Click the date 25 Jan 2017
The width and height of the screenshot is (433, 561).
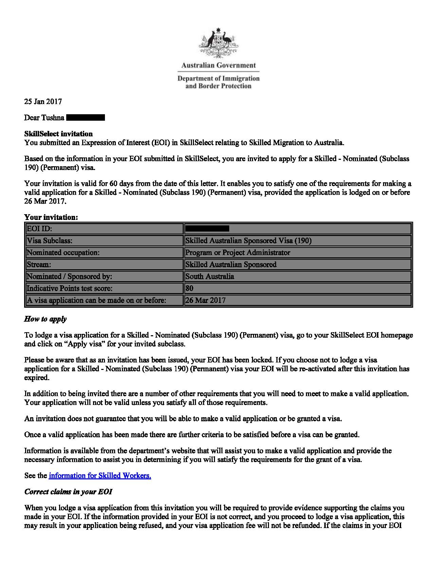coord(43,101)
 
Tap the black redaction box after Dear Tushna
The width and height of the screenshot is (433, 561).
coord(86,118)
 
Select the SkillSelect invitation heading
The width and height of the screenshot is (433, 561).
coord(58,134)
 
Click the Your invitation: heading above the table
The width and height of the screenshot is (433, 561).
coord(51,217)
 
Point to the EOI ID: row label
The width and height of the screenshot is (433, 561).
coord(39,228)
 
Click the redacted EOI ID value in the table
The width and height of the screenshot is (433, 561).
coord(207,228)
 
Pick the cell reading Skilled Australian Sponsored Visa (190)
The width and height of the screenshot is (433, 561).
coord(249,241)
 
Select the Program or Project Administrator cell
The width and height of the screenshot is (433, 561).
coord(238,253)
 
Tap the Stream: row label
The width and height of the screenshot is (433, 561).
coord(39,265)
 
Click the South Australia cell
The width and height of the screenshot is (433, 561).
coord(210,276)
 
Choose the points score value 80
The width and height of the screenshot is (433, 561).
coord(190,288)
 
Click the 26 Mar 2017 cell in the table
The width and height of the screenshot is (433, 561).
coord(205,300)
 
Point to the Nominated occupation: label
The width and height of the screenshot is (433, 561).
coord(63,253)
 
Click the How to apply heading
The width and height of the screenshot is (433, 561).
coord(45,319)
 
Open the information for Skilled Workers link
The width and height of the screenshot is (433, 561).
coord(100,475)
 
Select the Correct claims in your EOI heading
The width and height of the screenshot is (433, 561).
coord(68,492)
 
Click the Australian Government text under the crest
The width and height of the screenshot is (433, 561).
coord(218,65)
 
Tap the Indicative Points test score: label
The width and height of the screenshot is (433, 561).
coord(69,288)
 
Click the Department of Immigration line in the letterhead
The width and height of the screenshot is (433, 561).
coord(218,79)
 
